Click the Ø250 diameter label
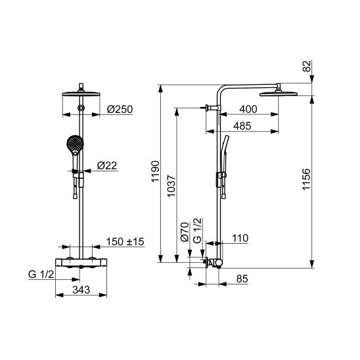120,109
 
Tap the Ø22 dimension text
107,166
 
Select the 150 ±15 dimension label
125,242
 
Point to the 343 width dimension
81,290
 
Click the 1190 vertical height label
156,171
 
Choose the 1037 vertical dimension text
171,186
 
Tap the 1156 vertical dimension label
306,179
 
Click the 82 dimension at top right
307,66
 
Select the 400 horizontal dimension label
248,109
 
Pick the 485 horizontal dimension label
242,126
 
